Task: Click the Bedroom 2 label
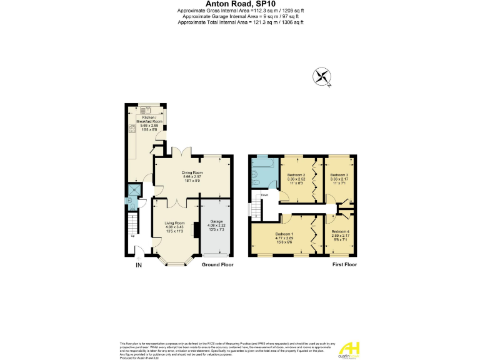coord(296,175)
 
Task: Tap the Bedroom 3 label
coord(339,175)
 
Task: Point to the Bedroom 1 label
coord(284,234)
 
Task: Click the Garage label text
coord(216,222)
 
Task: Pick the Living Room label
coord(174,222)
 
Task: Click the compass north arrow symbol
coord(322,77)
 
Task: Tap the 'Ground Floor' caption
coord(217,265)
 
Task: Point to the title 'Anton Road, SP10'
coord(240,4)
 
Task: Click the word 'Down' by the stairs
coord(265,194)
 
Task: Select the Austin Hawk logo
coord(349,348)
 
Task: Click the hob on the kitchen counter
coord(132,129)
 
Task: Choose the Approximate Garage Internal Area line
coord(240,17)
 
